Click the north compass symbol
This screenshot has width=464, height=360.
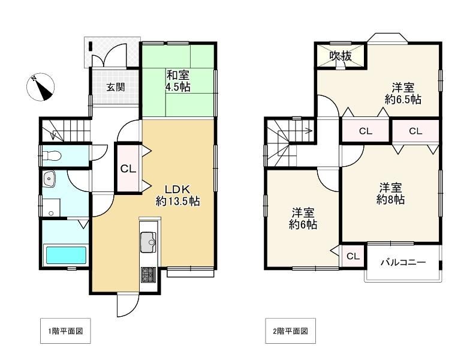click(41, 87)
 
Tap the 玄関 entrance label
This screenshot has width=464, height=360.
click(116, 88)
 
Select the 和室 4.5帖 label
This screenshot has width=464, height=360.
click(178, 81)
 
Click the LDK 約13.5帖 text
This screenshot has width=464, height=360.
click(177, 196)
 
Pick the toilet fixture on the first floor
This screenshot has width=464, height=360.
click(52, 155)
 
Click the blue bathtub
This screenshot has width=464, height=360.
click(66, 255)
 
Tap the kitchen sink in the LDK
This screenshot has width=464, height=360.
click(148, 242)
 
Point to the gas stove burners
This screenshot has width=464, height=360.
click(148, 275)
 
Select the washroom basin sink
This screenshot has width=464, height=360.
click(49, 179)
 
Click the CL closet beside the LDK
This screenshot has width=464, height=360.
click(128, 169)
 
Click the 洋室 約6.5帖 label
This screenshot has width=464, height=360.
click(403, 94)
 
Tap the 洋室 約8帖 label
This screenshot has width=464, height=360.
click(391, 194)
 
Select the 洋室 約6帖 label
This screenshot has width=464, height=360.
click(303, 219)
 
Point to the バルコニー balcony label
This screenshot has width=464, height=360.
click(403, 262)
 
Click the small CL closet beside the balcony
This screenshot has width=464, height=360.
click(353, 256)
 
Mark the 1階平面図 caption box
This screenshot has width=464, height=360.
click(65, 331)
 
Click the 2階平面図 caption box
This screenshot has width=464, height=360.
click(291, 331)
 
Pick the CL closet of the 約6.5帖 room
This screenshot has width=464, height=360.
click(366, 131)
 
